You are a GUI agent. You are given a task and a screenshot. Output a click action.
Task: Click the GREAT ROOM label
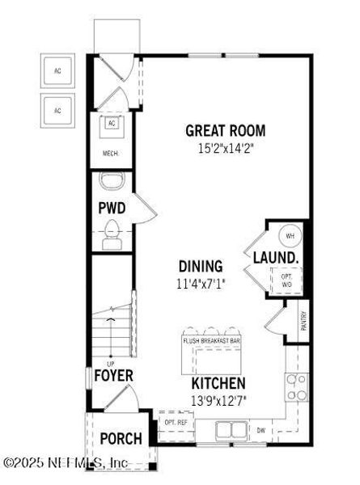coord(225,131)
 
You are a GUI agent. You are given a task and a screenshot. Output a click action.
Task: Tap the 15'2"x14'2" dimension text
coord(225,149)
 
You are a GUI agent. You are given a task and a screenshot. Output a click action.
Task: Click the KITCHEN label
coord(218,382)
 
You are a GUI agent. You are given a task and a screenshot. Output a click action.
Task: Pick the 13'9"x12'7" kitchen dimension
coord(218,399)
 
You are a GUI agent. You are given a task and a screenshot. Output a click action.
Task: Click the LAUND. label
coord(277,258)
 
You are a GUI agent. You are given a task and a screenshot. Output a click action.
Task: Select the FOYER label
coord(112,376)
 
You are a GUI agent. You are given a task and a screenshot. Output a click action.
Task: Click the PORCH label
coord(121,439)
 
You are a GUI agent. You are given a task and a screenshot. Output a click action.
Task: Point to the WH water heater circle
coord(289,235)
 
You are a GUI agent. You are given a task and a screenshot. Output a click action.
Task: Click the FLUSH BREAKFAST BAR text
coord(212,343)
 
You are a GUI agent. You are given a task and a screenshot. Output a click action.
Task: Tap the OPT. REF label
coord(176,423)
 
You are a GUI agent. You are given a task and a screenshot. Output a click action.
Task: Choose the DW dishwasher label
coord(261,429)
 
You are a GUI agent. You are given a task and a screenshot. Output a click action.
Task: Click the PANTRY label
coord(303,321)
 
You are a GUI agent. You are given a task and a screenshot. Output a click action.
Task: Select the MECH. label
coord(111,152)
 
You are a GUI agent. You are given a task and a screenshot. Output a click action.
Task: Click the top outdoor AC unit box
coord(57,71)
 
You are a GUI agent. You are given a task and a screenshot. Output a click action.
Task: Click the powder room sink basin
coord(111,180)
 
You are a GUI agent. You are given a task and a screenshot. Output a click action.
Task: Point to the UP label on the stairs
coord(112,363)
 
